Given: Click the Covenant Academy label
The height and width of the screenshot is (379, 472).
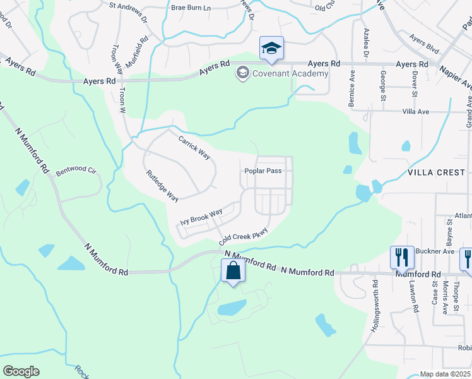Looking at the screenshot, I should tap(291, 74).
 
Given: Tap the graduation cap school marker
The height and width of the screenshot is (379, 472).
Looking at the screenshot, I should tap(271, 49).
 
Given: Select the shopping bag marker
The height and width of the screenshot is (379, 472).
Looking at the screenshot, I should tap(233, 272).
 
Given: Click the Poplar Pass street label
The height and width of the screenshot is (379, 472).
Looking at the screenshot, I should tap(263, 171).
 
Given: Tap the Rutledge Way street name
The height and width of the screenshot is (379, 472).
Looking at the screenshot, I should tap(163, 186).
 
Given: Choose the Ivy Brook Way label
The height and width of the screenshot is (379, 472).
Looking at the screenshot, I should tap(201, 217).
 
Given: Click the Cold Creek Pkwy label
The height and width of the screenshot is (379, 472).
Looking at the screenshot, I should tap(244, 236).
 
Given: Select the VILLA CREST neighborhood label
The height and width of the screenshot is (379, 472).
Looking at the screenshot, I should tap(436, 172).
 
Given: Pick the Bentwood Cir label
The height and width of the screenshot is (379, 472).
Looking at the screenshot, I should tap(76, 171).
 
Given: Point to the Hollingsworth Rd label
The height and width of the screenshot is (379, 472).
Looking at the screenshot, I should tap(376, 303).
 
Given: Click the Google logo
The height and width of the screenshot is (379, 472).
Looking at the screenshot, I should tap(21, 371).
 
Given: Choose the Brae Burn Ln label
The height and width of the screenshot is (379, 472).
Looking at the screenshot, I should tap(190, 8).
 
